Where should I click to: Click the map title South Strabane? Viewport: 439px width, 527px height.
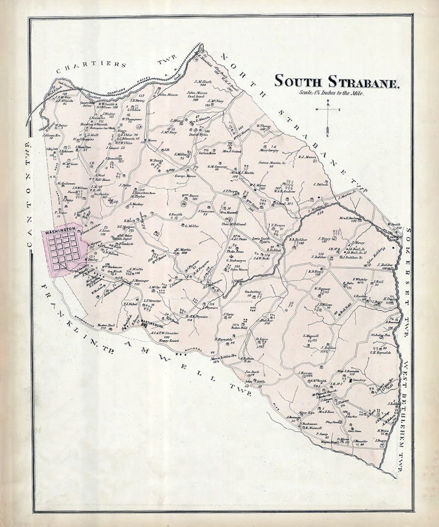click(337, 81)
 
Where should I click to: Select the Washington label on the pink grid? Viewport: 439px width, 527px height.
click(60, 231)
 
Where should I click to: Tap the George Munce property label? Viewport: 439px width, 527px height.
click(185, 176)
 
